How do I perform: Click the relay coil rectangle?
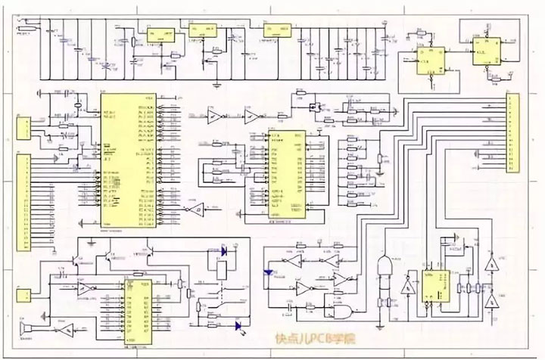click(x=220, y=268)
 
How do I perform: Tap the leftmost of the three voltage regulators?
click(x=160, y=34)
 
